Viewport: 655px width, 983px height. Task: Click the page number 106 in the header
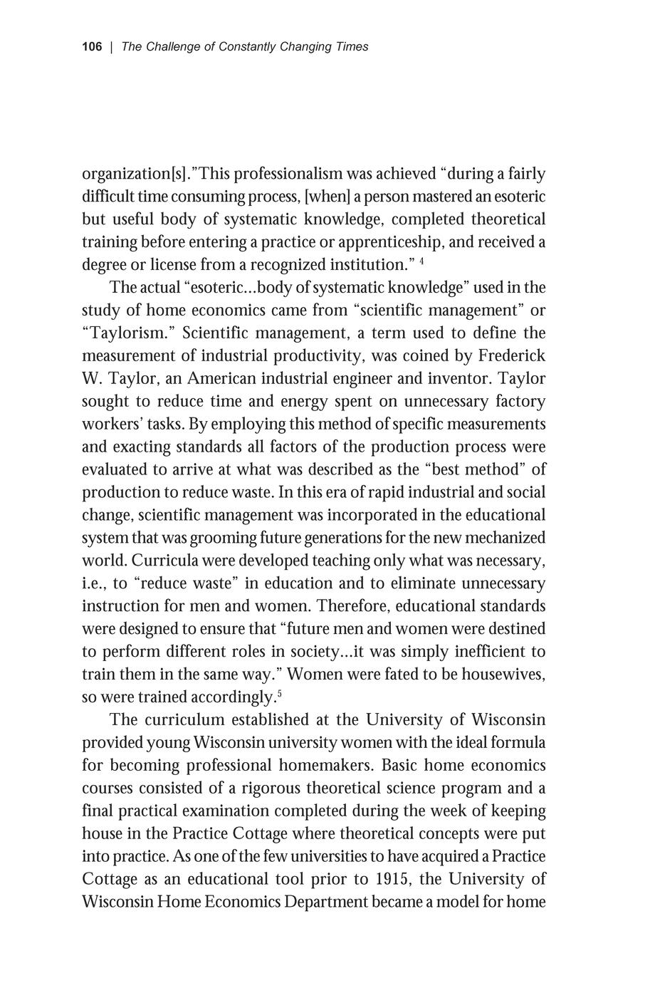(92, 47)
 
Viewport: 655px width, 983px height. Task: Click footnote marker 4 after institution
(422, 261)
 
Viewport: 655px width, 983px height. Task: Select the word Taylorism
(129, 333)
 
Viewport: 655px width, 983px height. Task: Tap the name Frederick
(511, 356)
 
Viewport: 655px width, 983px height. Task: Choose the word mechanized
(503, 538)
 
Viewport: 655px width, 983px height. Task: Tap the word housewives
(501, 675)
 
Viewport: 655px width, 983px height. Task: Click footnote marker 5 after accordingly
(276, 693)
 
